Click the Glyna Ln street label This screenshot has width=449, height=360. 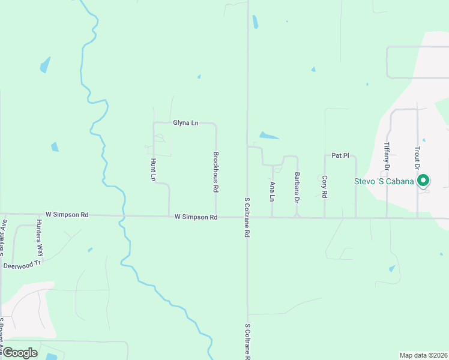click(x=185, y=123)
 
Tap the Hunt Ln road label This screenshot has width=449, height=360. click(x=153, y=170)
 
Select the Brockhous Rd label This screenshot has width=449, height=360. click(x=215, y=172)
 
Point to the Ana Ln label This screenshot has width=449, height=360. click(x=273, y=191)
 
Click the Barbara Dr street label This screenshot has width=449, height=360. click(x=297, y=187)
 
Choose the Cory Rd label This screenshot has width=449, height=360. click(x=324, y=187)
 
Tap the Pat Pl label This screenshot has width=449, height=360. click(x=340, y=155)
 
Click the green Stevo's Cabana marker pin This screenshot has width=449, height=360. click(x=423, y=180)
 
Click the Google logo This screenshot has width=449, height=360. click(x=19, y=353)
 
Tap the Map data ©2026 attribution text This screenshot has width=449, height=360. click(x=423, y=355)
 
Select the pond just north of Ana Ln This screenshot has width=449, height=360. click(x=268, y=136)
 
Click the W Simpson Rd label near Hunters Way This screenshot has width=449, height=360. click(x=67, y=214)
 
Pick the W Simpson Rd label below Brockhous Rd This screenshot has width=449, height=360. click(x=196, y=217)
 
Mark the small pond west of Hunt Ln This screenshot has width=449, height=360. click(x=55, y=146)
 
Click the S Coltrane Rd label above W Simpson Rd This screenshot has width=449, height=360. click(x=246, y=217)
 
